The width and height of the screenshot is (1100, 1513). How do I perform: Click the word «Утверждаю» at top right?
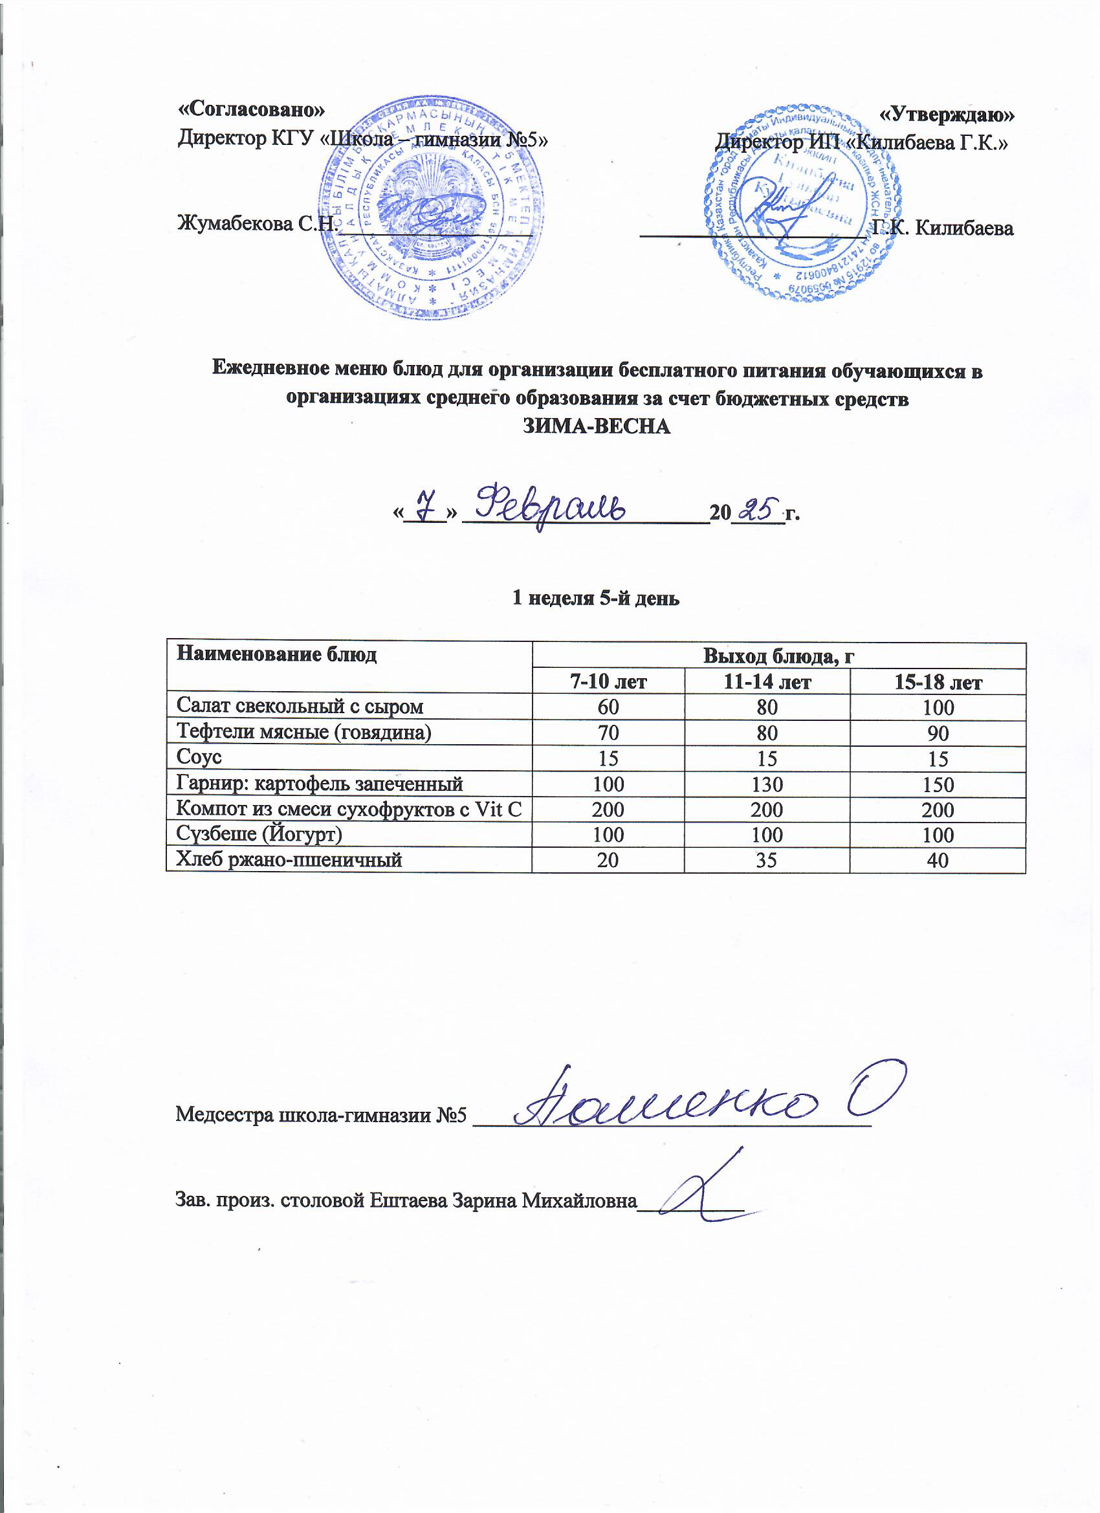(x=947, y=114)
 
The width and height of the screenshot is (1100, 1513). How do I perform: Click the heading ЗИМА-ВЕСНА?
(x=596, y=426)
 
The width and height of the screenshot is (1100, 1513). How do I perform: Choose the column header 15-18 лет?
(x=937, y=683)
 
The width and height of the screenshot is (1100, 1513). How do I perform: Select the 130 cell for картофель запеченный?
(x=767, y=784)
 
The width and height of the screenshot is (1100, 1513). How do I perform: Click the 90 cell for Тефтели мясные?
(x=937, y=733)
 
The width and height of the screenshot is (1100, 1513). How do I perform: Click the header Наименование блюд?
(x=276, y=654)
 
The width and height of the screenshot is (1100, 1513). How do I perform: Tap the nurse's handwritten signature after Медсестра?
(x=700, y=1100)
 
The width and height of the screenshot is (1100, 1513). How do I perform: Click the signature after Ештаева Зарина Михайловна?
(x=700, y=1191)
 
